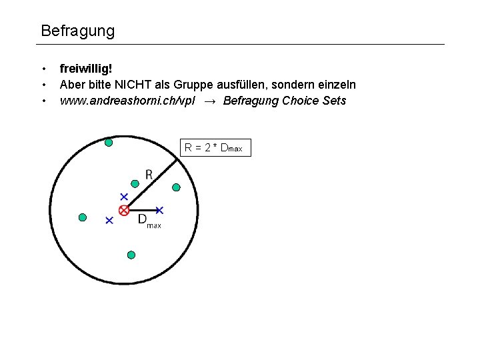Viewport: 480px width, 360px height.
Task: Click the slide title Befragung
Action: click(77, 31)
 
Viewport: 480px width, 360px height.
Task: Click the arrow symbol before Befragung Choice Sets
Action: click(210, 101)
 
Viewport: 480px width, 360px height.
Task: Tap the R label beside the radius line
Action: click(149, 175)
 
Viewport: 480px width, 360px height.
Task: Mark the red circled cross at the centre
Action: click(123, 211)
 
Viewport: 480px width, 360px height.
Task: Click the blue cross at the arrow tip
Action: click(159, 211)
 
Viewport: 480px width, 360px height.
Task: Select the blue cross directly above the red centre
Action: click(123, 197)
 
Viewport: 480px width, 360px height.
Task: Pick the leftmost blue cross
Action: click(109, 220)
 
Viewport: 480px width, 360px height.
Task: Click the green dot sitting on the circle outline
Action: click(109, 141)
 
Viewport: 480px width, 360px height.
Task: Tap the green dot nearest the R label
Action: click(135, 183)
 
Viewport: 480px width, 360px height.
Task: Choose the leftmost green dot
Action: click(83, 217)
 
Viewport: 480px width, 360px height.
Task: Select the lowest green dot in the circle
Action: click(131, 255)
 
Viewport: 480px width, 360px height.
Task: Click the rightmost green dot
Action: click(177, 187)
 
